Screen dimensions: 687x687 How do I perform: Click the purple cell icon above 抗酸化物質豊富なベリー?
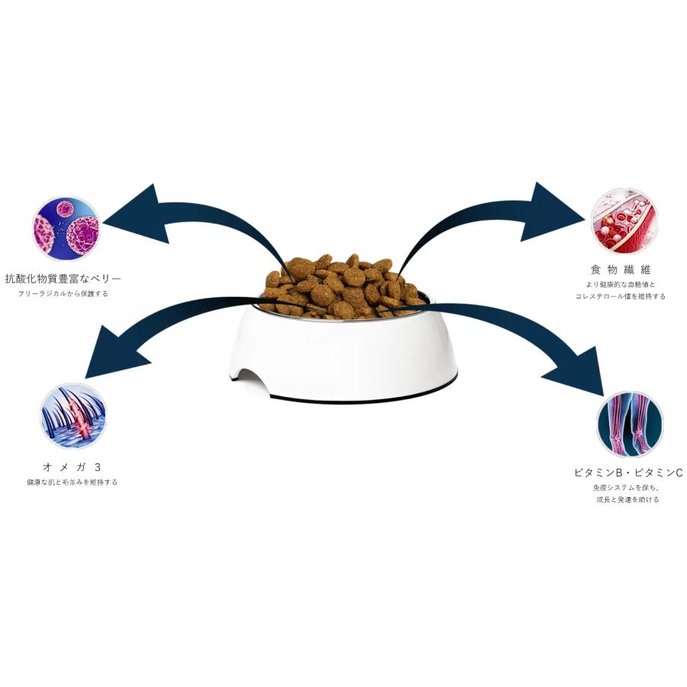point(66,228)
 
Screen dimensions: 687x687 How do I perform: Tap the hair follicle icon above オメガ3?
point(73,416)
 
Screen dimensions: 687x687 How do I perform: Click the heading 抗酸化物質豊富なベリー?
point(63,278)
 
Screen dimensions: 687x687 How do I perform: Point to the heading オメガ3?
point(73,467)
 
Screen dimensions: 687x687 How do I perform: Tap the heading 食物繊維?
point(621,269)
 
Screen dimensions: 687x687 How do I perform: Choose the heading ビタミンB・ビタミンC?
point(628,473)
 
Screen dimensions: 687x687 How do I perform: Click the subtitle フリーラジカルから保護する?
point(63,294)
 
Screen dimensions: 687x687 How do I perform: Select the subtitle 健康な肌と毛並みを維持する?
point(73,482)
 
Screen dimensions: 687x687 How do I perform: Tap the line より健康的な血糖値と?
point(621,285)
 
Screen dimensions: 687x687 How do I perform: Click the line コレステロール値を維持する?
point(621,297)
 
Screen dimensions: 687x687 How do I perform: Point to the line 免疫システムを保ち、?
point(628,488)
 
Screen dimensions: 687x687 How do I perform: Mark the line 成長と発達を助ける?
point(628,499)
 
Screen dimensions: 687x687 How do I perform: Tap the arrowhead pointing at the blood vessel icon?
point(552,213)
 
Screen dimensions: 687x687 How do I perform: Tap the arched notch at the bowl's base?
point(252,380)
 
